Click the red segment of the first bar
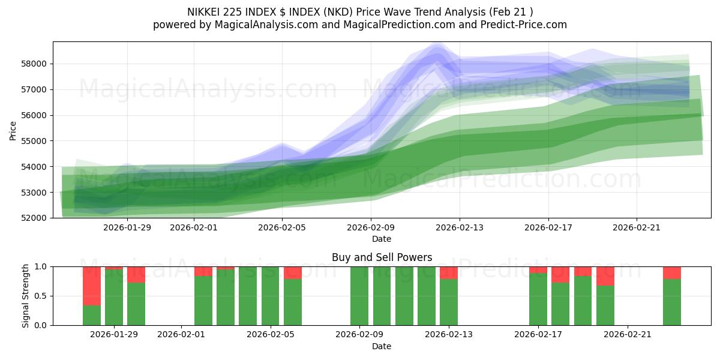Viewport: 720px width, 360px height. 92,286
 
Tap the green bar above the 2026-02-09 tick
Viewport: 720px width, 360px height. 359,296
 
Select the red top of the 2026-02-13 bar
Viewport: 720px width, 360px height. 449,273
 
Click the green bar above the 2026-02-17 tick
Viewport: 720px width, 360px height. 538,299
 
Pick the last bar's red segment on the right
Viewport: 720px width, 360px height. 672,273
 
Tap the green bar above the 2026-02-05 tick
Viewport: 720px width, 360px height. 271,296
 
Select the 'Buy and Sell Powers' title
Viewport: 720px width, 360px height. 382,257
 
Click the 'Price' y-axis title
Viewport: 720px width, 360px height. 13,130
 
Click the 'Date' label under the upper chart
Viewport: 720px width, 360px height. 382,239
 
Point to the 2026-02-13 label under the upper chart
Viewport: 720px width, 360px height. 460,228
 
